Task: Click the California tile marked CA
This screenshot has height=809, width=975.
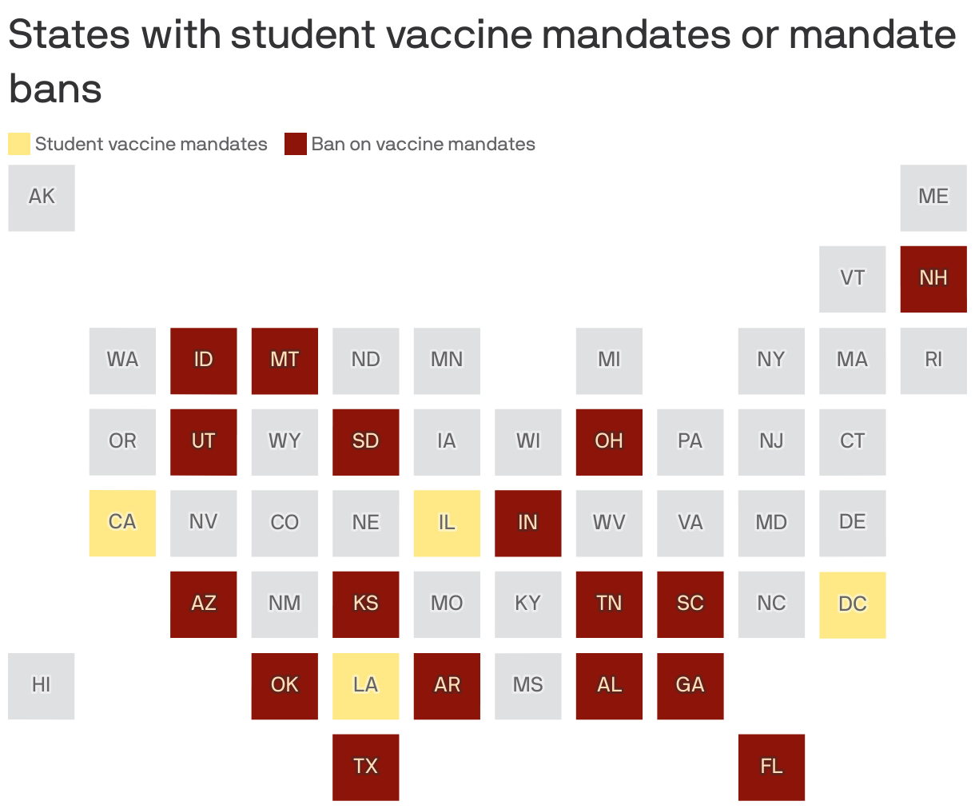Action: coord(122,523)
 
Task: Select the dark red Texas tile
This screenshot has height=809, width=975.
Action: coord(365,767)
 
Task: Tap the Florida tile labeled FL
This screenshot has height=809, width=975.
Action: coord(771,767)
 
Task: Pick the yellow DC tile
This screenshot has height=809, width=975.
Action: coord(852,604)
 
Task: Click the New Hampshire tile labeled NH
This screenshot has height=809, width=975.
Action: coord(933,278)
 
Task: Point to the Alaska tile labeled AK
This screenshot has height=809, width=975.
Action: coord(42,197)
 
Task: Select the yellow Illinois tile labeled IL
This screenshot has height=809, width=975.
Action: coord(447,523)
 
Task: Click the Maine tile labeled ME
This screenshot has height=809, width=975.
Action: coord(933,197)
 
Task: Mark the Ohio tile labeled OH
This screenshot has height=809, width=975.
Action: coord(609,441)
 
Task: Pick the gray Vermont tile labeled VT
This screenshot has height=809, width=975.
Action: coord(852,278)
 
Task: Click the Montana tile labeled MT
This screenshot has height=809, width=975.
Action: coord(285,361)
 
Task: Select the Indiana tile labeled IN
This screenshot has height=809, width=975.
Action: coord(527,523)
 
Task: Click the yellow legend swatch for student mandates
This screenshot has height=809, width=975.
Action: coord(19,144)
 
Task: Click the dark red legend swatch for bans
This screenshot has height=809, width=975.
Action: coord(296,144)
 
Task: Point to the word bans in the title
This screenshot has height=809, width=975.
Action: coord(55,88)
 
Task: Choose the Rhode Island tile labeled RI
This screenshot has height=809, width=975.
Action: coord(933,361)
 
